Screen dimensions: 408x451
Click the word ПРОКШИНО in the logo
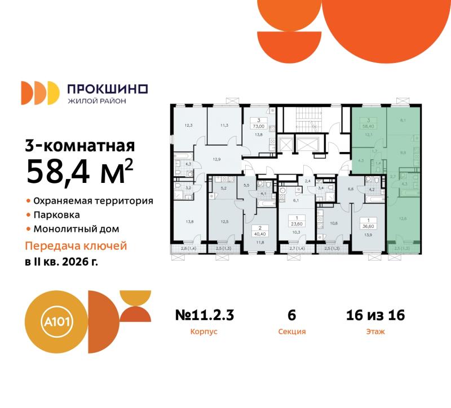[107, 89]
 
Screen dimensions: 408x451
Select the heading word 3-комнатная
[79, 146]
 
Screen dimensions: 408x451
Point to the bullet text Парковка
[56, 215]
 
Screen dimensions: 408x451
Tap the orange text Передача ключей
[76, 246]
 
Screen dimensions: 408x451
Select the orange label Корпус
[204, 332]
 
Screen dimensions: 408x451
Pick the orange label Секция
[292, 332]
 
